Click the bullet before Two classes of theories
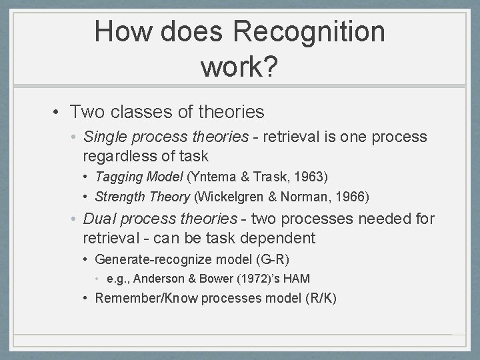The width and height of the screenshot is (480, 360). click(x=58, y=113)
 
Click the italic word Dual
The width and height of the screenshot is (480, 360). click(x=98, y=219)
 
